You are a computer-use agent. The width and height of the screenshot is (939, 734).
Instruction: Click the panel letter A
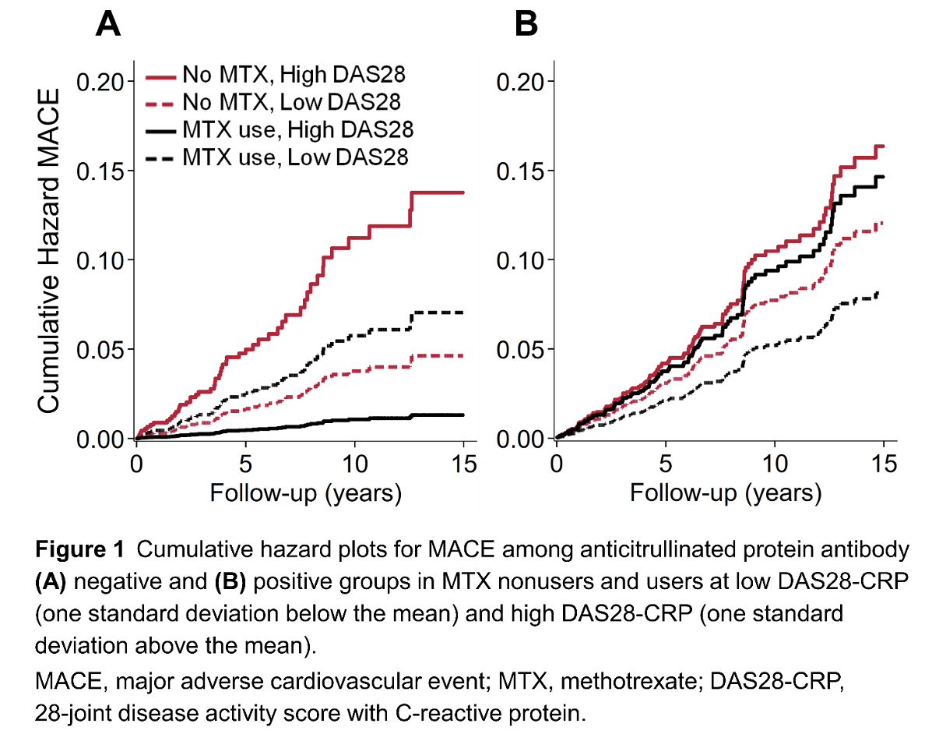pyautogui.click(x=108, y=26)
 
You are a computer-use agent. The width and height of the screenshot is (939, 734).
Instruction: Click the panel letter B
pyautogui.click(x=527, y=26)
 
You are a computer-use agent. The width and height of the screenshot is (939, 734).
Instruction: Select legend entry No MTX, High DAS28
pyautogui.click(x=294, y=76)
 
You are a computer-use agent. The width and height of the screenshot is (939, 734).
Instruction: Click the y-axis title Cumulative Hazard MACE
pyautogui.click(x=49, y=251)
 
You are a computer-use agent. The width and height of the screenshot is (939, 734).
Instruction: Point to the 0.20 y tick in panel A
pyautogui.click(x=100, y=82)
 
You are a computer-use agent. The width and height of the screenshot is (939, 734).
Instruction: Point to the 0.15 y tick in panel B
pyautogui.click(x=519, y=171)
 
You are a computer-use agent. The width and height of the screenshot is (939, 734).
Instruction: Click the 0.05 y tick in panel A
pyautogui.click(x=100, y=350)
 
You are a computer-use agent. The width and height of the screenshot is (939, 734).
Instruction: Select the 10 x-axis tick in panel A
pyautogui.click(x=354, y=463)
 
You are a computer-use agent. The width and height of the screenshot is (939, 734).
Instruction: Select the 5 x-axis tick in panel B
pyautogui.click(x=666, y=463)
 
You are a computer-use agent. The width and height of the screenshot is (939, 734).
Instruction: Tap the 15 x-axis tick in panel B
pyautogui.click(x=883, y=463)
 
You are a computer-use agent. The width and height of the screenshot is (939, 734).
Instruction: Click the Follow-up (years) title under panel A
pyautogui.click(x=305, y=493)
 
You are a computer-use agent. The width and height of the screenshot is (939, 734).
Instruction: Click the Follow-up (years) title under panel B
pyautogui.click(x=725, y=493)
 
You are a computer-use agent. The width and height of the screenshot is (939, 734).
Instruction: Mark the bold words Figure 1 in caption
pyautogui.click(x=79, y=551)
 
